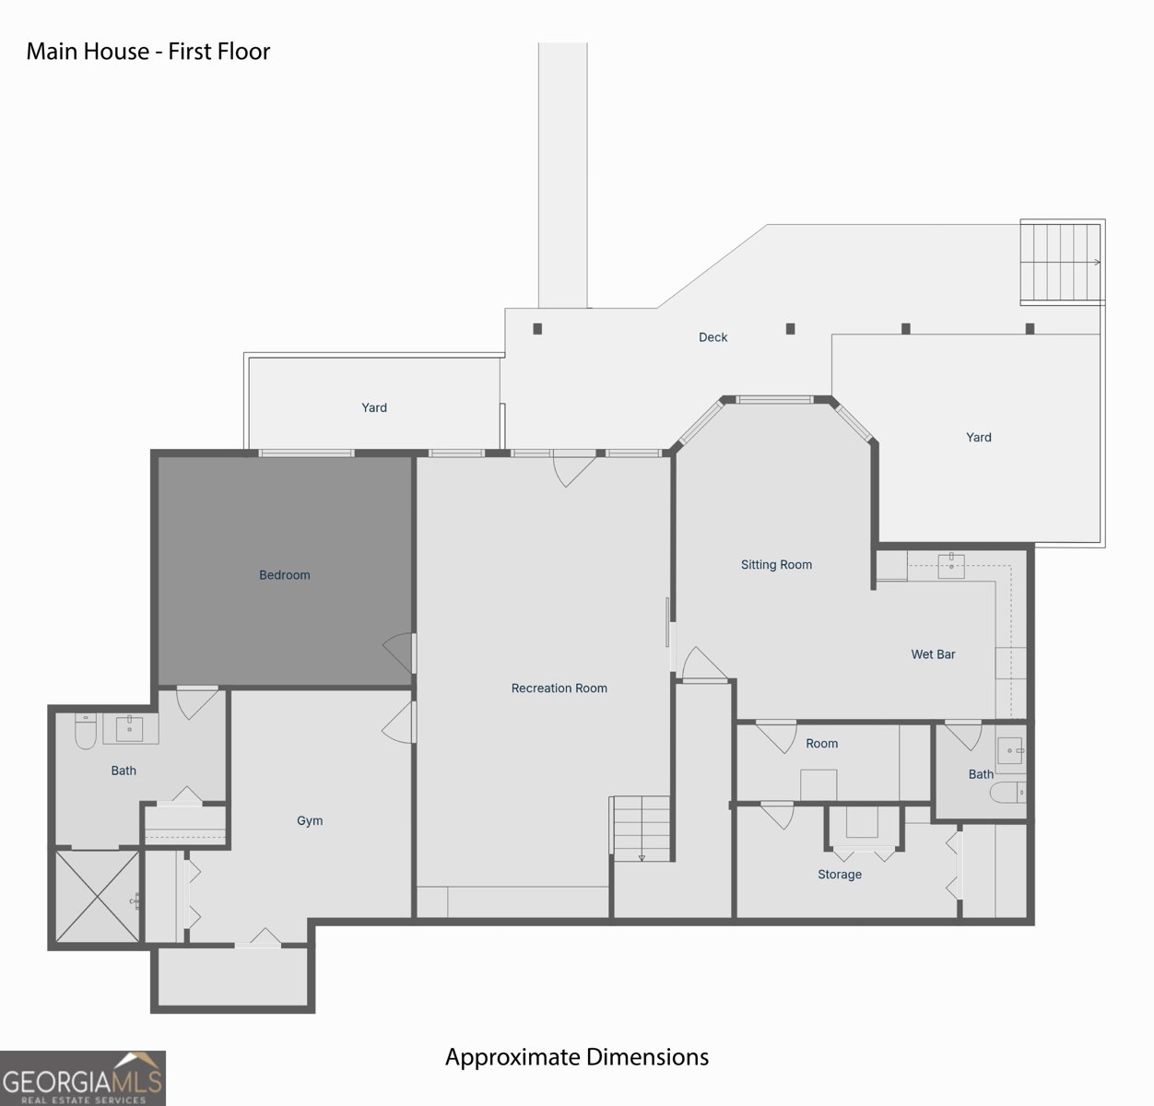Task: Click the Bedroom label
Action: [284, 574]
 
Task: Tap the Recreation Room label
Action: [559, 688]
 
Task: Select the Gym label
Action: [310, 821]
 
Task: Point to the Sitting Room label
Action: [776, 565]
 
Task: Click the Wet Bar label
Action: [933, 654]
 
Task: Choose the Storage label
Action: [839, 874]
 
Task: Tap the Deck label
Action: [712, 336]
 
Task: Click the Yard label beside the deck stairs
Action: [979, 437]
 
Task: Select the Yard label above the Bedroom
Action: [374, 407]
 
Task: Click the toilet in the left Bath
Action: [86, 731]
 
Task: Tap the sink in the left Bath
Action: [129, 728]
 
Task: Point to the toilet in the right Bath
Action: [1007, 792]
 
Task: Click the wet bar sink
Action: [951, 566]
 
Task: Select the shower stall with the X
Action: [98, 896]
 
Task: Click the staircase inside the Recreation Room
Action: [641, 829]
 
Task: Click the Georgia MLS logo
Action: [82, 1078]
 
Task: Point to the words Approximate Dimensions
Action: [577, 1057]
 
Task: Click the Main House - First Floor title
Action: [148, 51]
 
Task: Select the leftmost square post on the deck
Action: [537, 328]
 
